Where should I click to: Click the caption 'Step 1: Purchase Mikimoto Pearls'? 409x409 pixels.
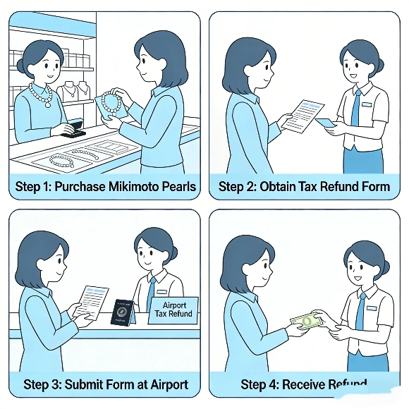point(106,187)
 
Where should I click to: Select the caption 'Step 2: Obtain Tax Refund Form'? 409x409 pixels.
point(304,187)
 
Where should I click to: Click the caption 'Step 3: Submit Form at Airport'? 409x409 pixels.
point(106,384)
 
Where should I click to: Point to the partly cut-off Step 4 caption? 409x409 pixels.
point(304,384)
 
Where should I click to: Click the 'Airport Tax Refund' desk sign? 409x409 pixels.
point(173,310)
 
